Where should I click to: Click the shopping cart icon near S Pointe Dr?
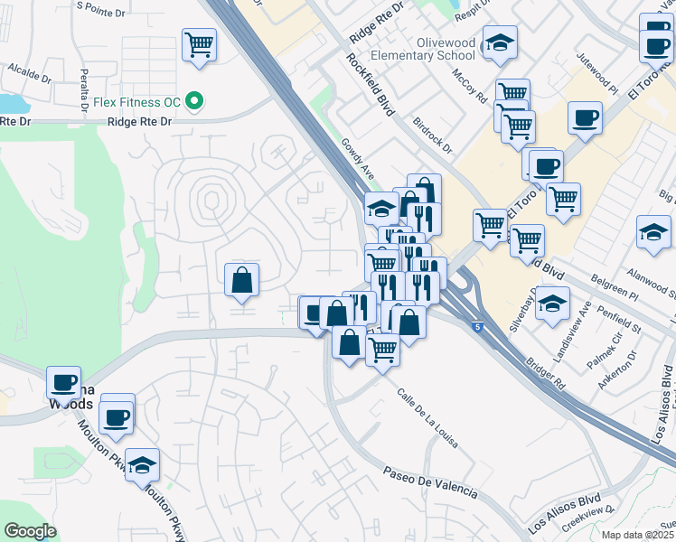coord(198,43)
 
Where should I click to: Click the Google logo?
coord(30,531)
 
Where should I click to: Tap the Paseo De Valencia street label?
coord(429,483)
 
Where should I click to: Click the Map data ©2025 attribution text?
coord(638,535)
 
